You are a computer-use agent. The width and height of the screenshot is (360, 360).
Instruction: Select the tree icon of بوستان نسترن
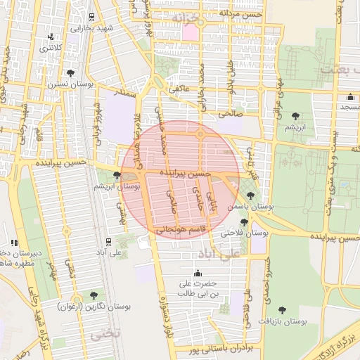(70, 72)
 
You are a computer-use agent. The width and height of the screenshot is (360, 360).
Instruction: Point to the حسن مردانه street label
(240, 13)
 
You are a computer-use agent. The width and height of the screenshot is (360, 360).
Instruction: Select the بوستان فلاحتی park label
(245, 232)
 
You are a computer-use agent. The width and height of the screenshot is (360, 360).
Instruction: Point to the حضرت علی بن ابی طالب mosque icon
(197, 273)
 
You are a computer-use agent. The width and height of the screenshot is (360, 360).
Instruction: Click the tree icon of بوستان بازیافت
(282, 309)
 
